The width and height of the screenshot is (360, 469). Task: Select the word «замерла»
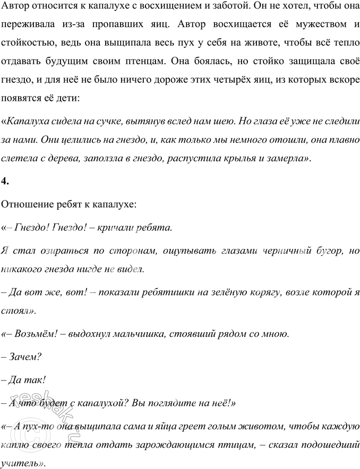(287, 158)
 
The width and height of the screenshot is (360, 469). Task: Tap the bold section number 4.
(5, 181)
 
